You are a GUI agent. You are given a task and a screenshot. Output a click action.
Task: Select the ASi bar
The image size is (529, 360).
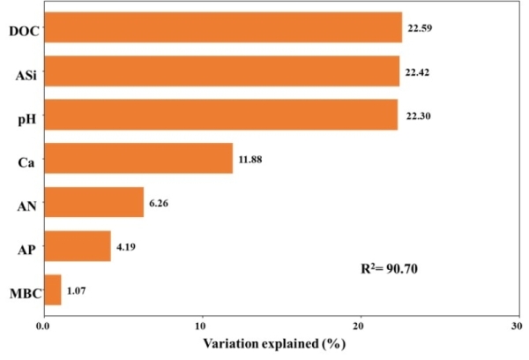(x=221, y=71)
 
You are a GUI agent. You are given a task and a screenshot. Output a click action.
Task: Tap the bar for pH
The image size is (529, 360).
(x=220, y=115)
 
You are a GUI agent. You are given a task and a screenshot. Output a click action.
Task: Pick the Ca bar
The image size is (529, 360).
(x=138, y=159)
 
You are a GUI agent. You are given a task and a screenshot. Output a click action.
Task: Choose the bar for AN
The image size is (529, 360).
(x=93, y=202)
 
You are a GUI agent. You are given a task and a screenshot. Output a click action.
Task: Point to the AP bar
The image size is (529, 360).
(x=77, y=246)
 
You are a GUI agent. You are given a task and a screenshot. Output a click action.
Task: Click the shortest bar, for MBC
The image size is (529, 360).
(x=52, y=289)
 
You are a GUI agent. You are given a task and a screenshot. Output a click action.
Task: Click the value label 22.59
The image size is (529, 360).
(x=419, y=28)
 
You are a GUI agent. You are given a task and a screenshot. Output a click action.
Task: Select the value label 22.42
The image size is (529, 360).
(x=417, y=72)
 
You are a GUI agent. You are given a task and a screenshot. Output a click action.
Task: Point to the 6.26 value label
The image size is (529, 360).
(x=160, y=203)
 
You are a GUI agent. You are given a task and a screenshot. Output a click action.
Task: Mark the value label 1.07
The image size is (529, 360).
(x=78, y=290)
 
